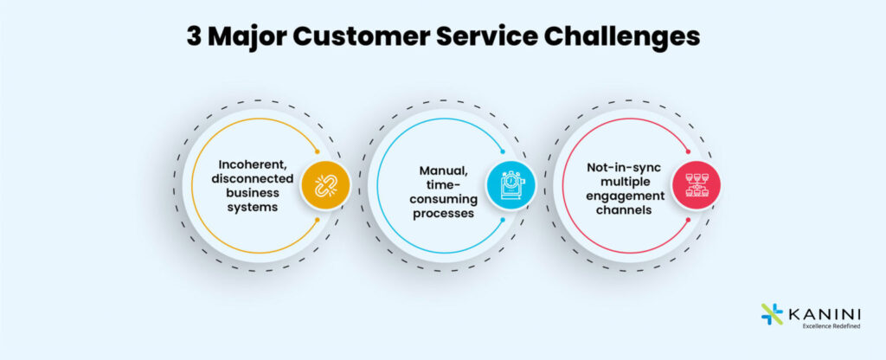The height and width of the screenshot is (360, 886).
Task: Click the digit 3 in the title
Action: pyautogui.click(x=194, y=37)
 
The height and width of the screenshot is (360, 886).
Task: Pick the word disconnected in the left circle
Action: pyautogui.click(x=251, y=178)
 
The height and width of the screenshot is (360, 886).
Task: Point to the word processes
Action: pyautogui.click(x=443, y=213)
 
